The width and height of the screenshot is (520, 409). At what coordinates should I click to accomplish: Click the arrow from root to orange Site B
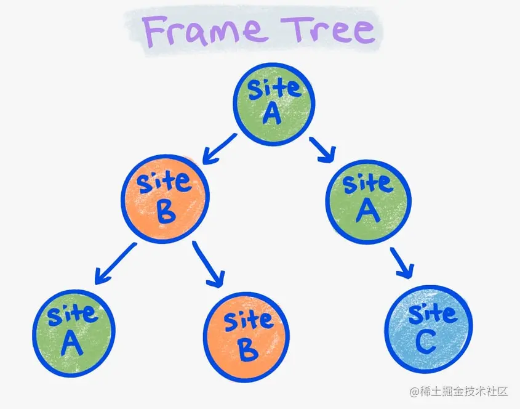tap(219, 151)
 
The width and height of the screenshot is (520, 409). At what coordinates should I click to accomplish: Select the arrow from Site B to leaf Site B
tap(209, 264)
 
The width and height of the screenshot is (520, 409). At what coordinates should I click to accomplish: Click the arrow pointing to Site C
tap(401, 262)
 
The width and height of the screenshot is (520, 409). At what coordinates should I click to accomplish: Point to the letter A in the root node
tap(273, 114)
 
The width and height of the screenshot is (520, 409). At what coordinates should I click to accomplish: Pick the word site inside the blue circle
tap(432, 314)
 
